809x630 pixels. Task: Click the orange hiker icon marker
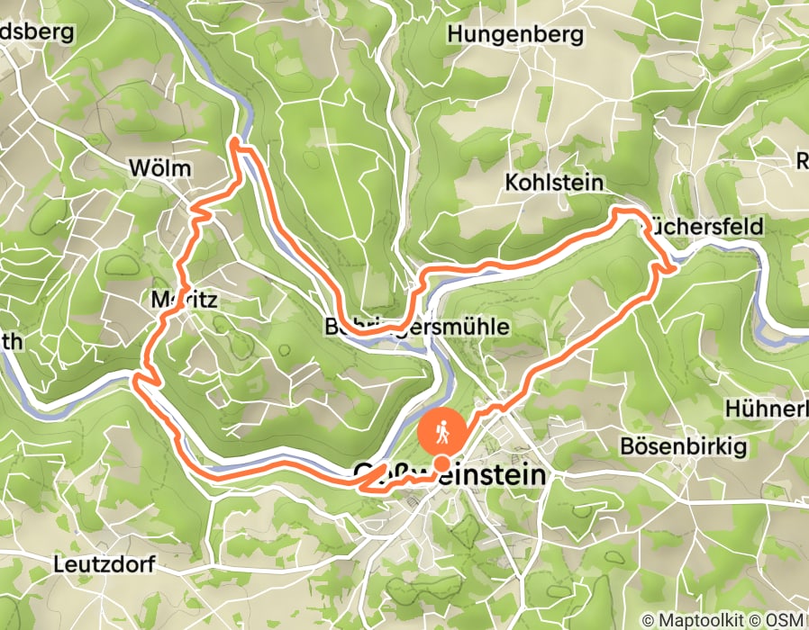pos(441,434)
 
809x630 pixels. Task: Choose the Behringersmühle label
pos(416,327)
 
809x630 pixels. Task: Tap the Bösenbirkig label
pos(682,446)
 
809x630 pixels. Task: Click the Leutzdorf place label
pos(104,565)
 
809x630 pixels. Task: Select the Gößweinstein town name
pos(450,474)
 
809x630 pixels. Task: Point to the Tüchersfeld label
pos(703,226)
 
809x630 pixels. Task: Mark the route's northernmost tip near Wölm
pos(235,141)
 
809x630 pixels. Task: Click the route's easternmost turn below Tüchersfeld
pos(675,267)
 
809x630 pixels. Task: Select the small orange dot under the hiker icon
pos(442,463)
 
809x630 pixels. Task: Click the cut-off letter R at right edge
pos(802,160)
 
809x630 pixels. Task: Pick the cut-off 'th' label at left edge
pos(13,341)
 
